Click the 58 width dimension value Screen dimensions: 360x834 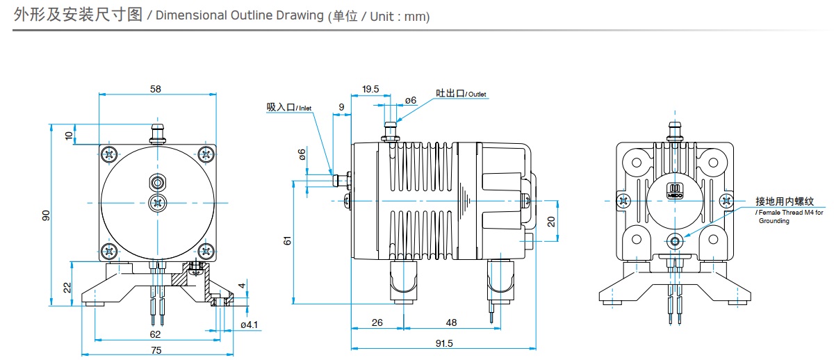156,88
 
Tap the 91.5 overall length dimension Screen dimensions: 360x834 443,343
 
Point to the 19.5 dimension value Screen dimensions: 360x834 370,89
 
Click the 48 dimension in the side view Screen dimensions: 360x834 451,322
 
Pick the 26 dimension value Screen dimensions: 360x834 377,322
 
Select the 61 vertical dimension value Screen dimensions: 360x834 287,240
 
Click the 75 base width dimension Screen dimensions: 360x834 156,350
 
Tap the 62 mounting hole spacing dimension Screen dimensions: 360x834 156,334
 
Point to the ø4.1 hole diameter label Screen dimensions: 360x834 249,325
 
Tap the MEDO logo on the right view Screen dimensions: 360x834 676,191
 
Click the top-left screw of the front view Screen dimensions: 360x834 108,154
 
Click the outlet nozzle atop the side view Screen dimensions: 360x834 391,130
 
